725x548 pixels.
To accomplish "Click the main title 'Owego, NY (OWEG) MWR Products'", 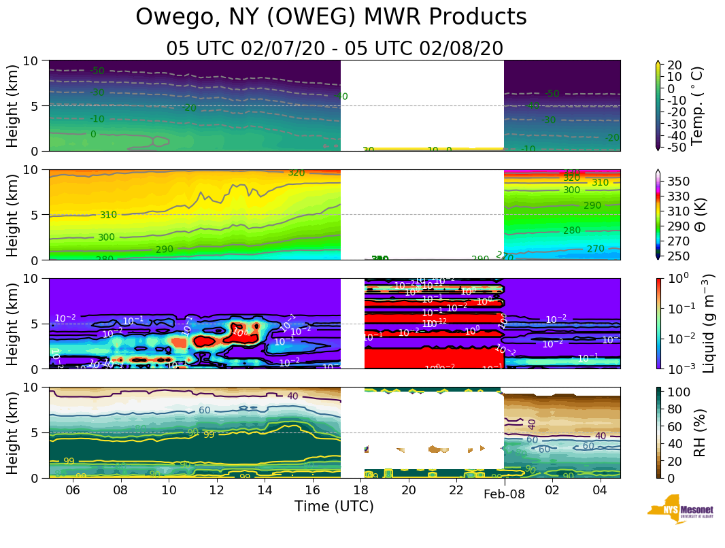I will click(331, 17).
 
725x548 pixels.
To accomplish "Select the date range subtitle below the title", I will click(335, 48).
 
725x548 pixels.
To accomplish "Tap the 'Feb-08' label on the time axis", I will click(504, 494).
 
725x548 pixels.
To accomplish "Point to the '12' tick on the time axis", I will click(216, 490).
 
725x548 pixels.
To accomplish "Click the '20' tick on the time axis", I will click(408, 490).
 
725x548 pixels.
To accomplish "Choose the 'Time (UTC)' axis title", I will click(334, 507).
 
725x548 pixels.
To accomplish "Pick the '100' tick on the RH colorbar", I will click(681, 392).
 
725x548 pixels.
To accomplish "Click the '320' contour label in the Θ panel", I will click(296, 173).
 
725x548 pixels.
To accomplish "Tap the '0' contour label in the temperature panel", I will click(93, 135).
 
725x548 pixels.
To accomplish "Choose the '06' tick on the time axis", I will click(73, 490).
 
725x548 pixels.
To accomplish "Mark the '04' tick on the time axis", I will click(600, 490).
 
